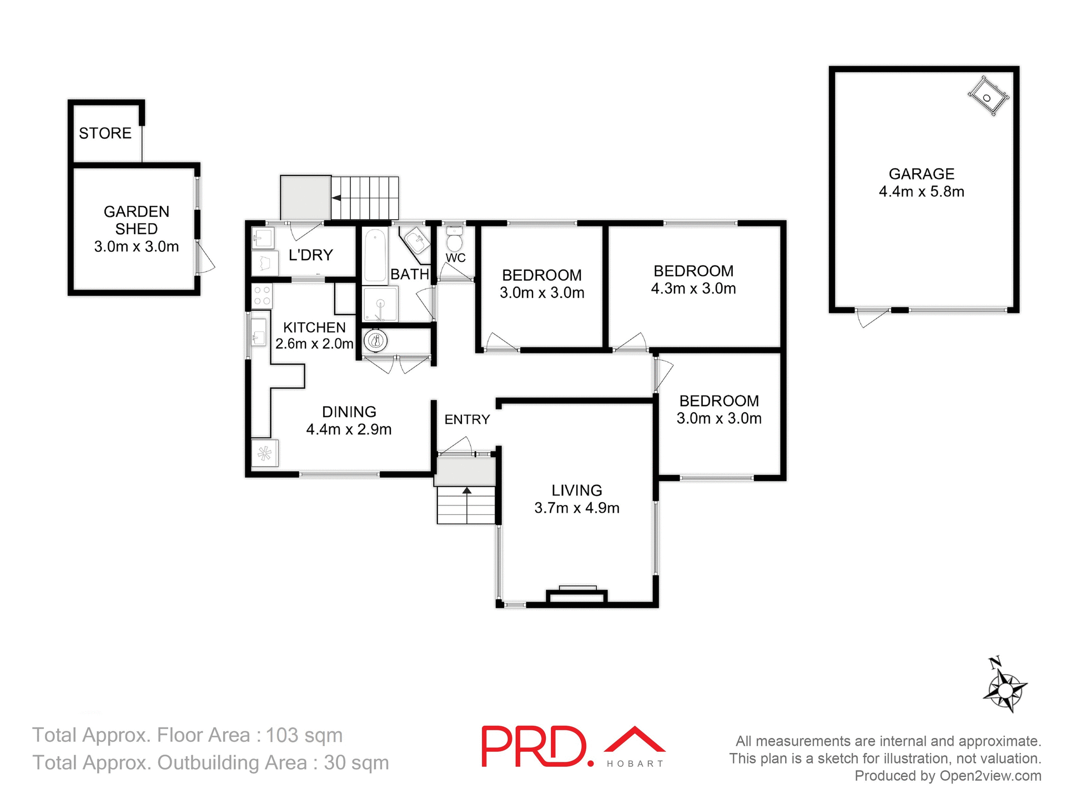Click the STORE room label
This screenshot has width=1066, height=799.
coord(105,133)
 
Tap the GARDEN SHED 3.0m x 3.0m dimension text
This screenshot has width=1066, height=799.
coord(137,247)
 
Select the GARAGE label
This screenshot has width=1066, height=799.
coord(921,174)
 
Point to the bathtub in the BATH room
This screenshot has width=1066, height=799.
coord(375,256)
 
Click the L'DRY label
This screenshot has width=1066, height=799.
coord(310,255)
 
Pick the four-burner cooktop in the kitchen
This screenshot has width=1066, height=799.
coord(262,295)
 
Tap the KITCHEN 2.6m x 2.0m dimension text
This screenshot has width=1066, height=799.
coord(314,344)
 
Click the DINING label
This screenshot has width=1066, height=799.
coord(349,412)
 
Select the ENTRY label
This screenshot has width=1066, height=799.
coord(467,419)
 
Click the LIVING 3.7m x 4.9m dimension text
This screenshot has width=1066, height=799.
coord(577,508)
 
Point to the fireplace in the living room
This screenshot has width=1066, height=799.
coord(577,595)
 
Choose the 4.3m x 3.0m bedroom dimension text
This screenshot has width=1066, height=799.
coord(693,289)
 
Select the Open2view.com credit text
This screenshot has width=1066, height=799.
coord(990,776)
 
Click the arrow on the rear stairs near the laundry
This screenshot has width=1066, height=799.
coord(336,198)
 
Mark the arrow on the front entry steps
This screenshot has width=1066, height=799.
coord(467,491)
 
